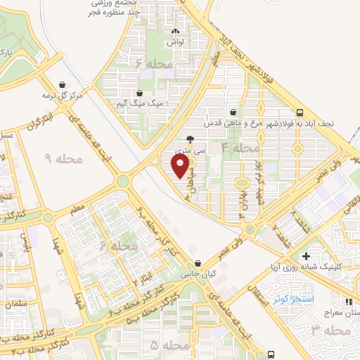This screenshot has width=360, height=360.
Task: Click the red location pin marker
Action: [x=181, y=166]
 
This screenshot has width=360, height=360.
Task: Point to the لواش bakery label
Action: [x=175, y=42]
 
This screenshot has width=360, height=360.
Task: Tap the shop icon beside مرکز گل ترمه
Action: [x=64, y=84]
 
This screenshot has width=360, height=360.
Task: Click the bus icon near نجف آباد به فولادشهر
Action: [x=300, y=112]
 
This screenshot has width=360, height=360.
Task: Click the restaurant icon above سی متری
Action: [x=189, y=139]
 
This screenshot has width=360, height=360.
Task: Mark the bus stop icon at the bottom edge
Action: [x=271, y=354]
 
